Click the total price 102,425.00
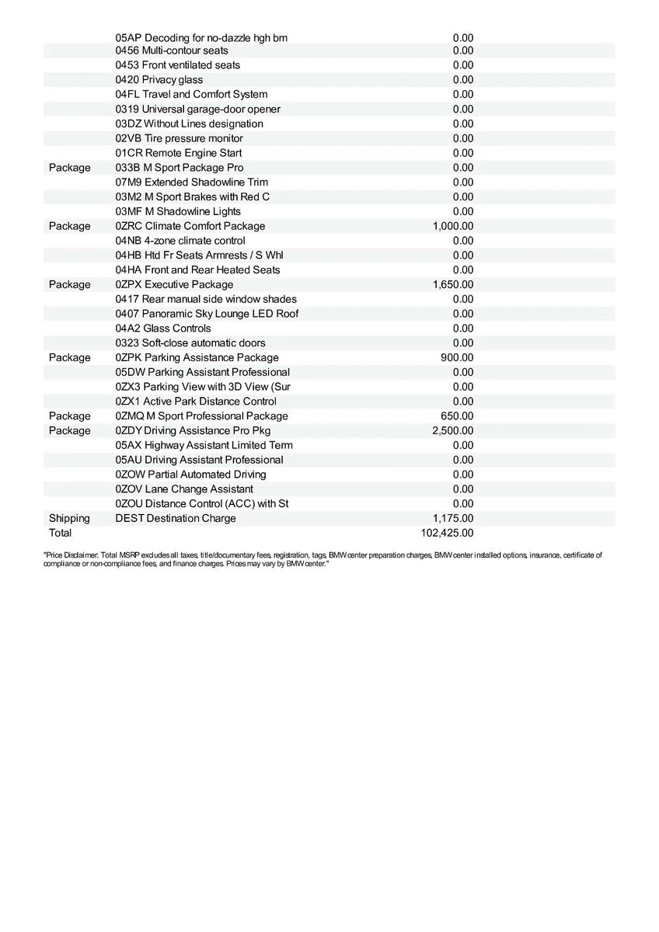pos(446,533)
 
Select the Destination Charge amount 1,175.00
pos(452,518)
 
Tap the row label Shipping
pos(69,518)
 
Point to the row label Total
pos(60,533)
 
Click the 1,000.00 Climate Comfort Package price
pos(452,226)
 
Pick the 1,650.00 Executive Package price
pos(452,284)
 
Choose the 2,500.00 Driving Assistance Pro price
pos(452,430)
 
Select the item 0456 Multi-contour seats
pos(172,50)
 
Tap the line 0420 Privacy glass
pos(159,79)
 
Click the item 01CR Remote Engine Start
pos(178,153)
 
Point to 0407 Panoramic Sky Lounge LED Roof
pos(207,314)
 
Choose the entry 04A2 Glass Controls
pos(162,329)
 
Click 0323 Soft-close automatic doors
pos(190,343)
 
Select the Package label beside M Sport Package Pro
pos(69,168)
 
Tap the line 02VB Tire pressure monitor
pos(179,138)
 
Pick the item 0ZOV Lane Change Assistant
pos(183,489)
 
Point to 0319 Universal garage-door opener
pos(197,109)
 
